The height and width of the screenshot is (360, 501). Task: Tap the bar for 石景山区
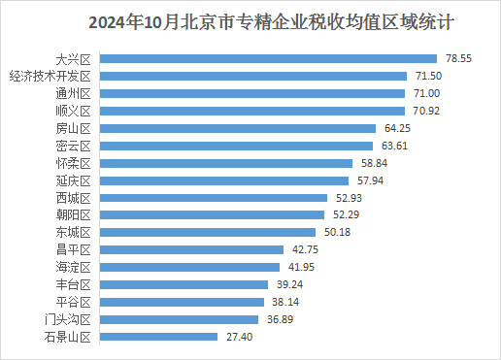pos(159,337)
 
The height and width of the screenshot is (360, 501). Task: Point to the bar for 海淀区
pos(189,268)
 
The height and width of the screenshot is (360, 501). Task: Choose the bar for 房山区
pos(238,128)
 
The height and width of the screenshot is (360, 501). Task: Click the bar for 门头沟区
pos(180,319)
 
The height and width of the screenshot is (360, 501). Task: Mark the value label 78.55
pos(459,59)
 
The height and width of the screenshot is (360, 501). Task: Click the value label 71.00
pos(428,94)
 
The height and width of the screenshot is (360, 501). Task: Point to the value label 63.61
pos(395,146)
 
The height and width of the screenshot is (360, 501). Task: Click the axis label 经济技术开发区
pos(50,76)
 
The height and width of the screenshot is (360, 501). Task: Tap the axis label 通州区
pos(73,94)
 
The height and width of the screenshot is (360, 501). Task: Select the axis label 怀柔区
pos(73,163)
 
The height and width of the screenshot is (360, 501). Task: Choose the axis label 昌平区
pos(73,250)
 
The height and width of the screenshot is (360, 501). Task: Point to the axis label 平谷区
pos(73,302)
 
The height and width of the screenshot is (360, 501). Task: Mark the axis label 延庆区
pos(73,180)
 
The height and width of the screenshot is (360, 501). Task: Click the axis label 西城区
pos(73,198)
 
